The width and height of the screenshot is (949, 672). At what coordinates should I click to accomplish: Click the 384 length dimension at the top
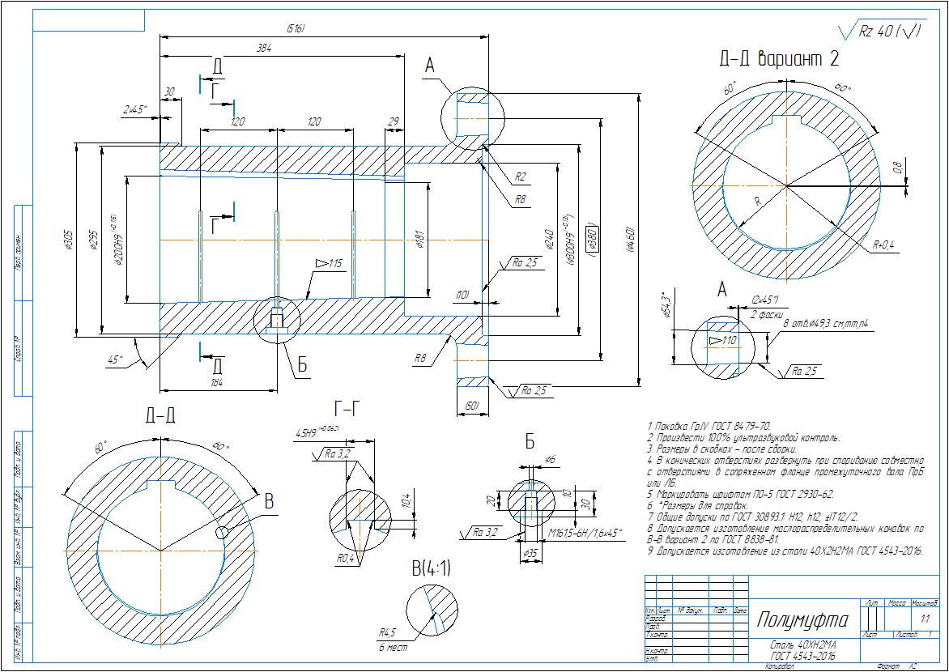coord(264,49)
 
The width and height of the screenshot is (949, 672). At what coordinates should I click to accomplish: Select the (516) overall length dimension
coord(296,29)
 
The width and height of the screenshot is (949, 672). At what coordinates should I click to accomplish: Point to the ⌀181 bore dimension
coord(419,240)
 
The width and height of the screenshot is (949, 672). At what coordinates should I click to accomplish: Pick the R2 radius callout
coord(520,177)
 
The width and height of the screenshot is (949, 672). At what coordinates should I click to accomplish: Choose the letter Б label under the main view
coord(302,365)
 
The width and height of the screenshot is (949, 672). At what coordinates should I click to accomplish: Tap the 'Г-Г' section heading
coord(351,406)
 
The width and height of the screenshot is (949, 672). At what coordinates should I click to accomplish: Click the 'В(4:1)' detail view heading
coord(431,569)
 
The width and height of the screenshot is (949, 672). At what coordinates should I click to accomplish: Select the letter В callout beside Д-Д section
coord(269,502)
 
